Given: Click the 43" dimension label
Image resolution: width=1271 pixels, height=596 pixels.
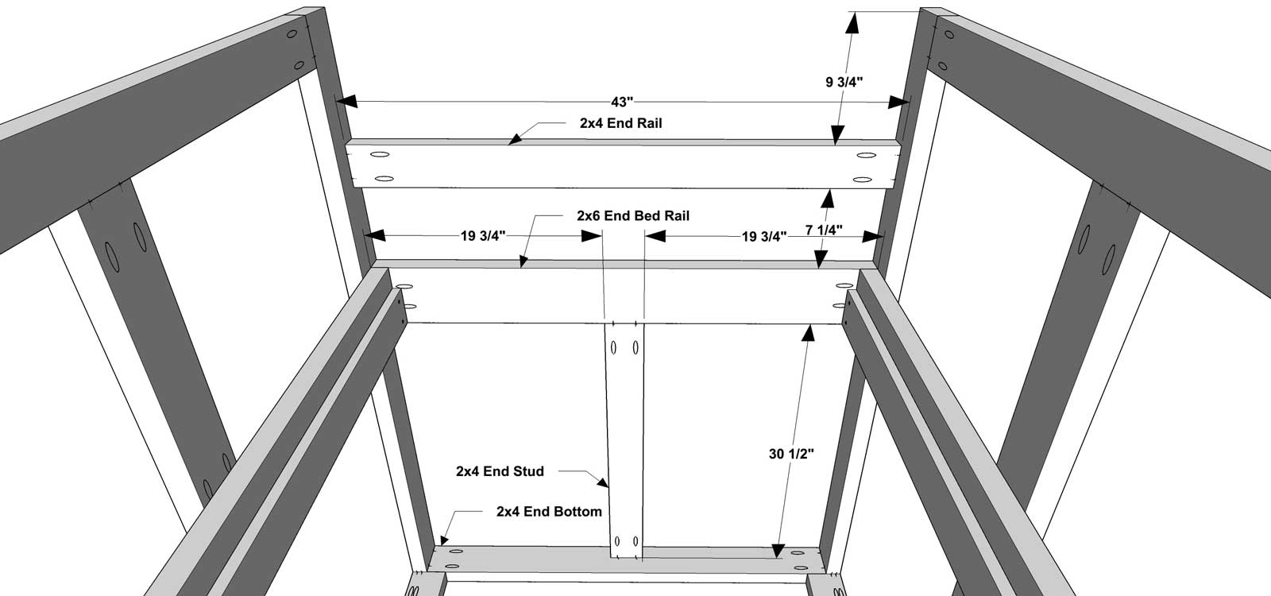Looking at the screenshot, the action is coord(622,103).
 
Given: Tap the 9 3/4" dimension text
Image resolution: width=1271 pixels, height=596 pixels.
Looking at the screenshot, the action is coord(844,83).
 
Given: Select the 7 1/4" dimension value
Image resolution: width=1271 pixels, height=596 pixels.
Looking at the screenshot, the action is coord(824,230).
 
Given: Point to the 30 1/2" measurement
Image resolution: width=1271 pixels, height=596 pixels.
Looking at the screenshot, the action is coord(791,454).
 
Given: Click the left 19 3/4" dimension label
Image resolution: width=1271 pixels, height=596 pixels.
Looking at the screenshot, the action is coord(483,236).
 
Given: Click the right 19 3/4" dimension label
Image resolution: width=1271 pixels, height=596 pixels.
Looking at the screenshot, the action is coord(764,237).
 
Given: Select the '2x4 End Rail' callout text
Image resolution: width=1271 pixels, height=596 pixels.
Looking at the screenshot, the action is coord(620,123).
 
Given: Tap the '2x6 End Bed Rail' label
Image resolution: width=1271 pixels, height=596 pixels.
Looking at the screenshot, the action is coord(633,215).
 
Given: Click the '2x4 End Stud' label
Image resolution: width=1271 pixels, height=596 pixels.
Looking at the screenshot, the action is coord(500,471).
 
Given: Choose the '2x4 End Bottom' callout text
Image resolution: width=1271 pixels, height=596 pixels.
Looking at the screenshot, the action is coord(549,512).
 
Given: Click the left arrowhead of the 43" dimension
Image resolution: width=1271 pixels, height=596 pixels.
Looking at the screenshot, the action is coord(346,102).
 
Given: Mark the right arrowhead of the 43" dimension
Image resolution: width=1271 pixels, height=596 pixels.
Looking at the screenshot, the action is coord(898,103).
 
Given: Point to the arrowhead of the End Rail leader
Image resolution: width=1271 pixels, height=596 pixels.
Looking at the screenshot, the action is coord(516,138).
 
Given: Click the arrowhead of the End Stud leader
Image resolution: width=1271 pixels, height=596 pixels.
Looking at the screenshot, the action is coord(602,482).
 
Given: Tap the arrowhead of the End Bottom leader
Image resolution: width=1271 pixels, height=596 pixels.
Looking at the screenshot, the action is coord(444,539).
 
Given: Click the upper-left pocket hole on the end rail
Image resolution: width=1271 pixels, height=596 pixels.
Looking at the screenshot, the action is coord(380,154).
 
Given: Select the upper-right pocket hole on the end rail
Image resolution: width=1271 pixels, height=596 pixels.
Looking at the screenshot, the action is coord(866,155).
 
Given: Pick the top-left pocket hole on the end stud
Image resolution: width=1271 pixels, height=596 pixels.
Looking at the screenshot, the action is coord(614,346).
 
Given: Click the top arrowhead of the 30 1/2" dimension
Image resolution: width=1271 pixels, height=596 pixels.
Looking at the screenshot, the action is coord(809,333).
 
